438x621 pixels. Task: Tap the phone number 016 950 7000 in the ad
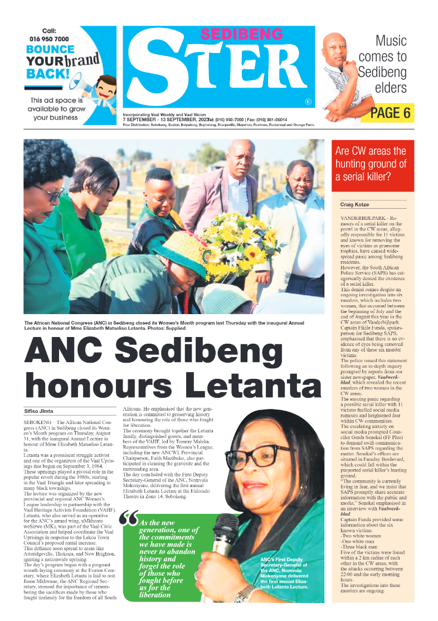(x=49, y=39)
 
